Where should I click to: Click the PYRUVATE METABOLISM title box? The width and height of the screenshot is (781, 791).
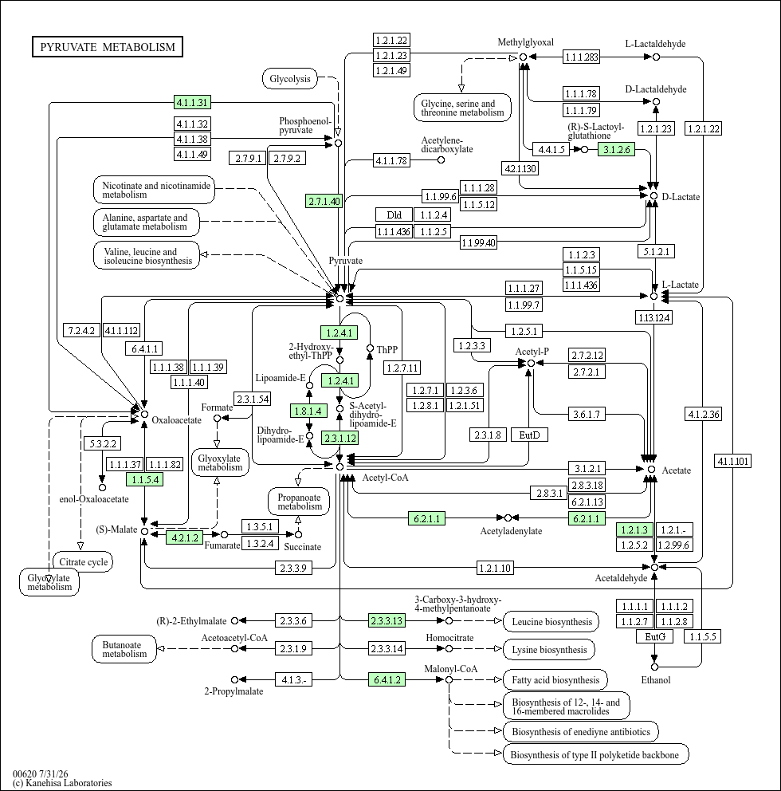point(108,47)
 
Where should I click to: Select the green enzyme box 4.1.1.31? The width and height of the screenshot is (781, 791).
point(192,102)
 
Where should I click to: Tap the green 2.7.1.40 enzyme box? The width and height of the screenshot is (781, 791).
point(324,201)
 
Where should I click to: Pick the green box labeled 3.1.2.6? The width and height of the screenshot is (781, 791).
point(617,149)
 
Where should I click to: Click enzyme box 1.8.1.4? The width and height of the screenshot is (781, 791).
point(308,411)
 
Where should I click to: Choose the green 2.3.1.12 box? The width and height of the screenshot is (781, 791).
point(340,438)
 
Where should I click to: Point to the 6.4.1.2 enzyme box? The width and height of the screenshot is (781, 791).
point(387,679)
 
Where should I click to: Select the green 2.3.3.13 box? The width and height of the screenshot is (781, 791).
point(387,620)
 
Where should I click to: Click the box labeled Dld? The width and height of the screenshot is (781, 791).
point(394,215)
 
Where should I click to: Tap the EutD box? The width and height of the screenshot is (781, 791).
point(529,435)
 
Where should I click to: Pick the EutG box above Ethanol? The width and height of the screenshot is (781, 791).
point(655,636)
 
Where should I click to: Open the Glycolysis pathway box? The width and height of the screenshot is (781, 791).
point(290,79)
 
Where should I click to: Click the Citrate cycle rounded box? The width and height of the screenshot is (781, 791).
point(83,561)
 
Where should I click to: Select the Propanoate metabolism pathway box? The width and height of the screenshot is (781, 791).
point(300,502)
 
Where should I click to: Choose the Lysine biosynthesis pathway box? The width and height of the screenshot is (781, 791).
point(549,650)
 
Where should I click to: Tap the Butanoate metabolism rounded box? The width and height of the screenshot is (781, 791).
point(124,649)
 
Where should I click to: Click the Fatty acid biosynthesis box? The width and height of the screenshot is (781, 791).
point(555,680)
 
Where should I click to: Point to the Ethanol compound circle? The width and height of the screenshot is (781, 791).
point(654,667)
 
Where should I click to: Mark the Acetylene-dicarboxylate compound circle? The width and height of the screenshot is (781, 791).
point(442,160)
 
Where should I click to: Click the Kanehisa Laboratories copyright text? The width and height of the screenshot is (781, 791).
point(62,783)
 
